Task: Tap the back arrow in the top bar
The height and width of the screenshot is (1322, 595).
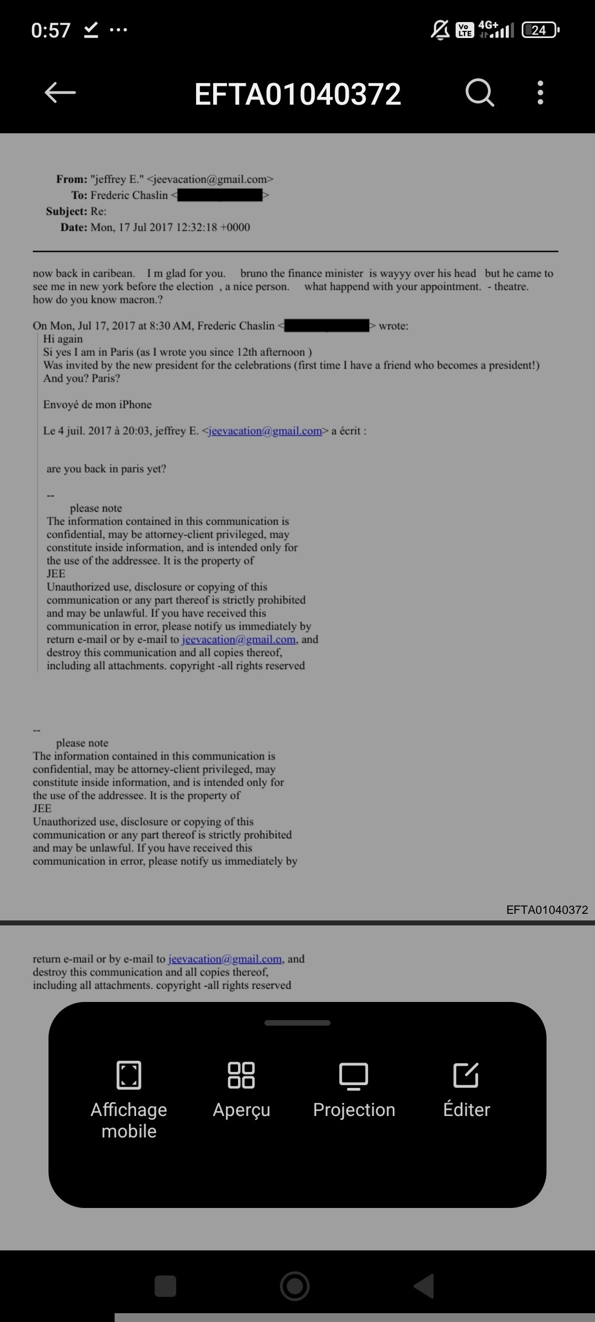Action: click(x=60, y=93)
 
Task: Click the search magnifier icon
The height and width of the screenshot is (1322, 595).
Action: click(x=479, y=93)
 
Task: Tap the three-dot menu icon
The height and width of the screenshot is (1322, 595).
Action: click(x=540, y=93)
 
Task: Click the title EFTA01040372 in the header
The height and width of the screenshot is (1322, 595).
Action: click(x=297, y=94)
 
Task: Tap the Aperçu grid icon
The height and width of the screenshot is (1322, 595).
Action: click(x=241, y=1075)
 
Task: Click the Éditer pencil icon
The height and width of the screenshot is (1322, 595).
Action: click(x=466, y=1075)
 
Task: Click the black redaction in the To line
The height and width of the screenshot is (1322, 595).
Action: click(x=220, y=195)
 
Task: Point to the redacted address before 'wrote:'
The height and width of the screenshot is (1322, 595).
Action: click(x=327, y=326)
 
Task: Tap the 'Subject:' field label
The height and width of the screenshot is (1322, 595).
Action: click(x=67, y=211)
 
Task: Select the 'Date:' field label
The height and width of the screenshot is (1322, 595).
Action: click(x=74, y=227)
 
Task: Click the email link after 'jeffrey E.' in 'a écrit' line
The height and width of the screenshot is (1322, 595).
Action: click(x=265, y=431)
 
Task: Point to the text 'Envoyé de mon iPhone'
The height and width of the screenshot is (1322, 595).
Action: click(x=98, y=404)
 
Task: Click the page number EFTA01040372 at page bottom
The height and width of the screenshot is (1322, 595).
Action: click(x=547, y=909)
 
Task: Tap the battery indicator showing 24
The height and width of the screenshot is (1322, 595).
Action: click(x=540, y=30)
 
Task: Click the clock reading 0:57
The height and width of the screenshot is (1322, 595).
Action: click(x=51, y=30)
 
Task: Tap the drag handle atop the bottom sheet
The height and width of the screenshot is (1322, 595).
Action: click(x=297, y=1023)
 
